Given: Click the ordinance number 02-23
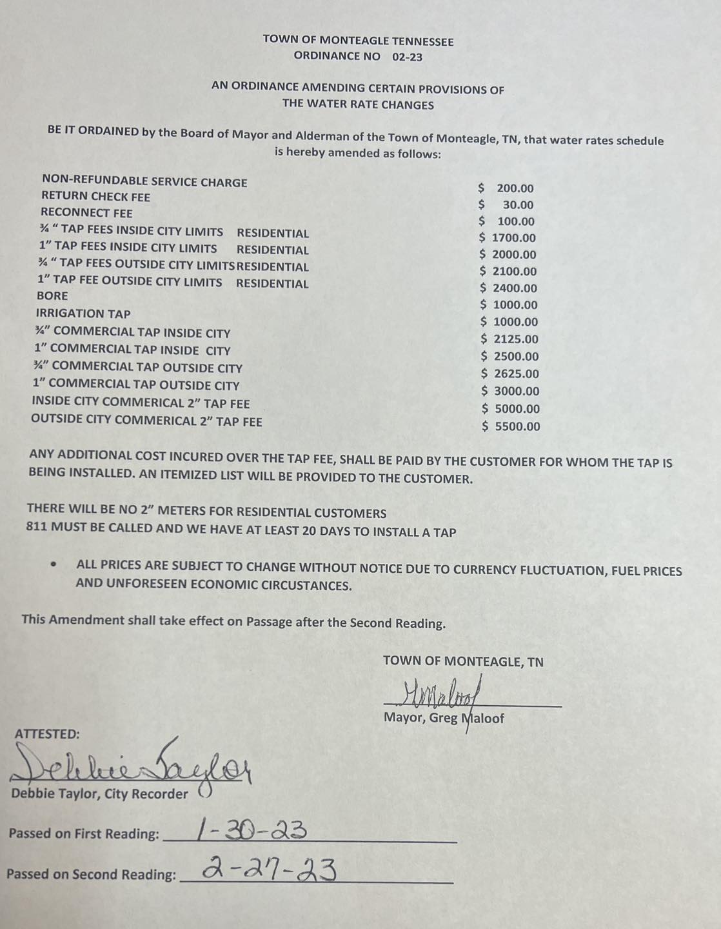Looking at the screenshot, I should [407, 57].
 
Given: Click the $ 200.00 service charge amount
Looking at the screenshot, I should [506, 188].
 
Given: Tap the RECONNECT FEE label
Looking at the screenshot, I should [86, 213].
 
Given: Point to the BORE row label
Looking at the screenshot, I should [52, 295].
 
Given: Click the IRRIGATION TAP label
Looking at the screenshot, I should [83, 314].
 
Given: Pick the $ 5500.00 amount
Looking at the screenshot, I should [511, 426].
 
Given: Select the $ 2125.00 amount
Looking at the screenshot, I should [510, 339].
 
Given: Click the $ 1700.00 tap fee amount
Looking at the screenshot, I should [508, 238].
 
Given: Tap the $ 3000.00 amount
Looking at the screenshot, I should [511, 392].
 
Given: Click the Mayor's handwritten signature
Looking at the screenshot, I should [442, 695].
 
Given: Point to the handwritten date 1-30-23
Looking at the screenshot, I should [252, 830].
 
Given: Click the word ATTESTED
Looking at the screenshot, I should [47, 734].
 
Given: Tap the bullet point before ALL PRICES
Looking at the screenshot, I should [54, 564].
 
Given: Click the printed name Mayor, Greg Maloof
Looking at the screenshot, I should [444, 718].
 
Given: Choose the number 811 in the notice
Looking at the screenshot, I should [35, 526].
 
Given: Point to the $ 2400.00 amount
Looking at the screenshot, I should [509, 288].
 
